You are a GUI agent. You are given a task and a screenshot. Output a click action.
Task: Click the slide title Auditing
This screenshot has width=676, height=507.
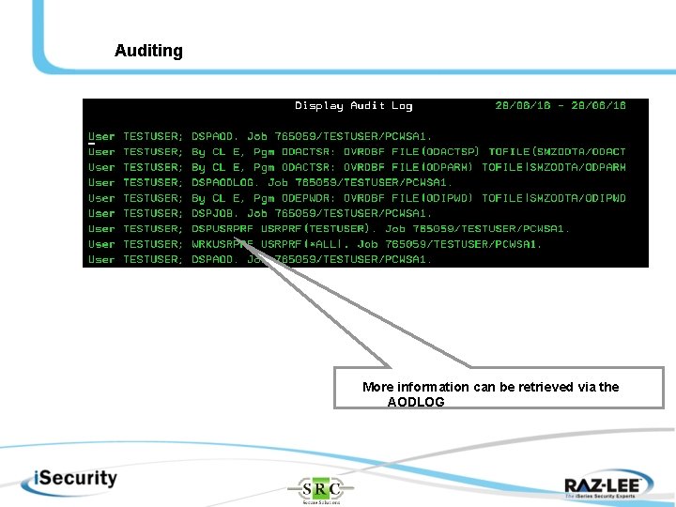(x=148, y=51)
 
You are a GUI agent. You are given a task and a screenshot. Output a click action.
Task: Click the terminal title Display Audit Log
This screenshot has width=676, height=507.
(x=353, y=106)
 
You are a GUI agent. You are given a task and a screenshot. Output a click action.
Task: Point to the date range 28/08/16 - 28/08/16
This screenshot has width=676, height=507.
(x=560, y=106)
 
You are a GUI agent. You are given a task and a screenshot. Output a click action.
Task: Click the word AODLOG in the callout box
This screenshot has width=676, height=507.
(x=416, y=402)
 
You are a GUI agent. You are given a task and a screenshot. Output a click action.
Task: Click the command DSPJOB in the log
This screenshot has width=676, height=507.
(x=215, y=213)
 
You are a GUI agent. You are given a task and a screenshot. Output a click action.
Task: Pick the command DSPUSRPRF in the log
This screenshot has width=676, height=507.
(x=223, y=229)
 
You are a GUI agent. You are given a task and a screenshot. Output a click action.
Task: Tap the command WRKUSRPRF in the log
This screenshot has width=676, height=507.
(x=223, y=244)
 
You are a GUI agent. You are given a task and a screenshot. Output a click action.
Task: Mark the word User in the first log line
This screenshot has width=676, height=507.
(x=101, y=137)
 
